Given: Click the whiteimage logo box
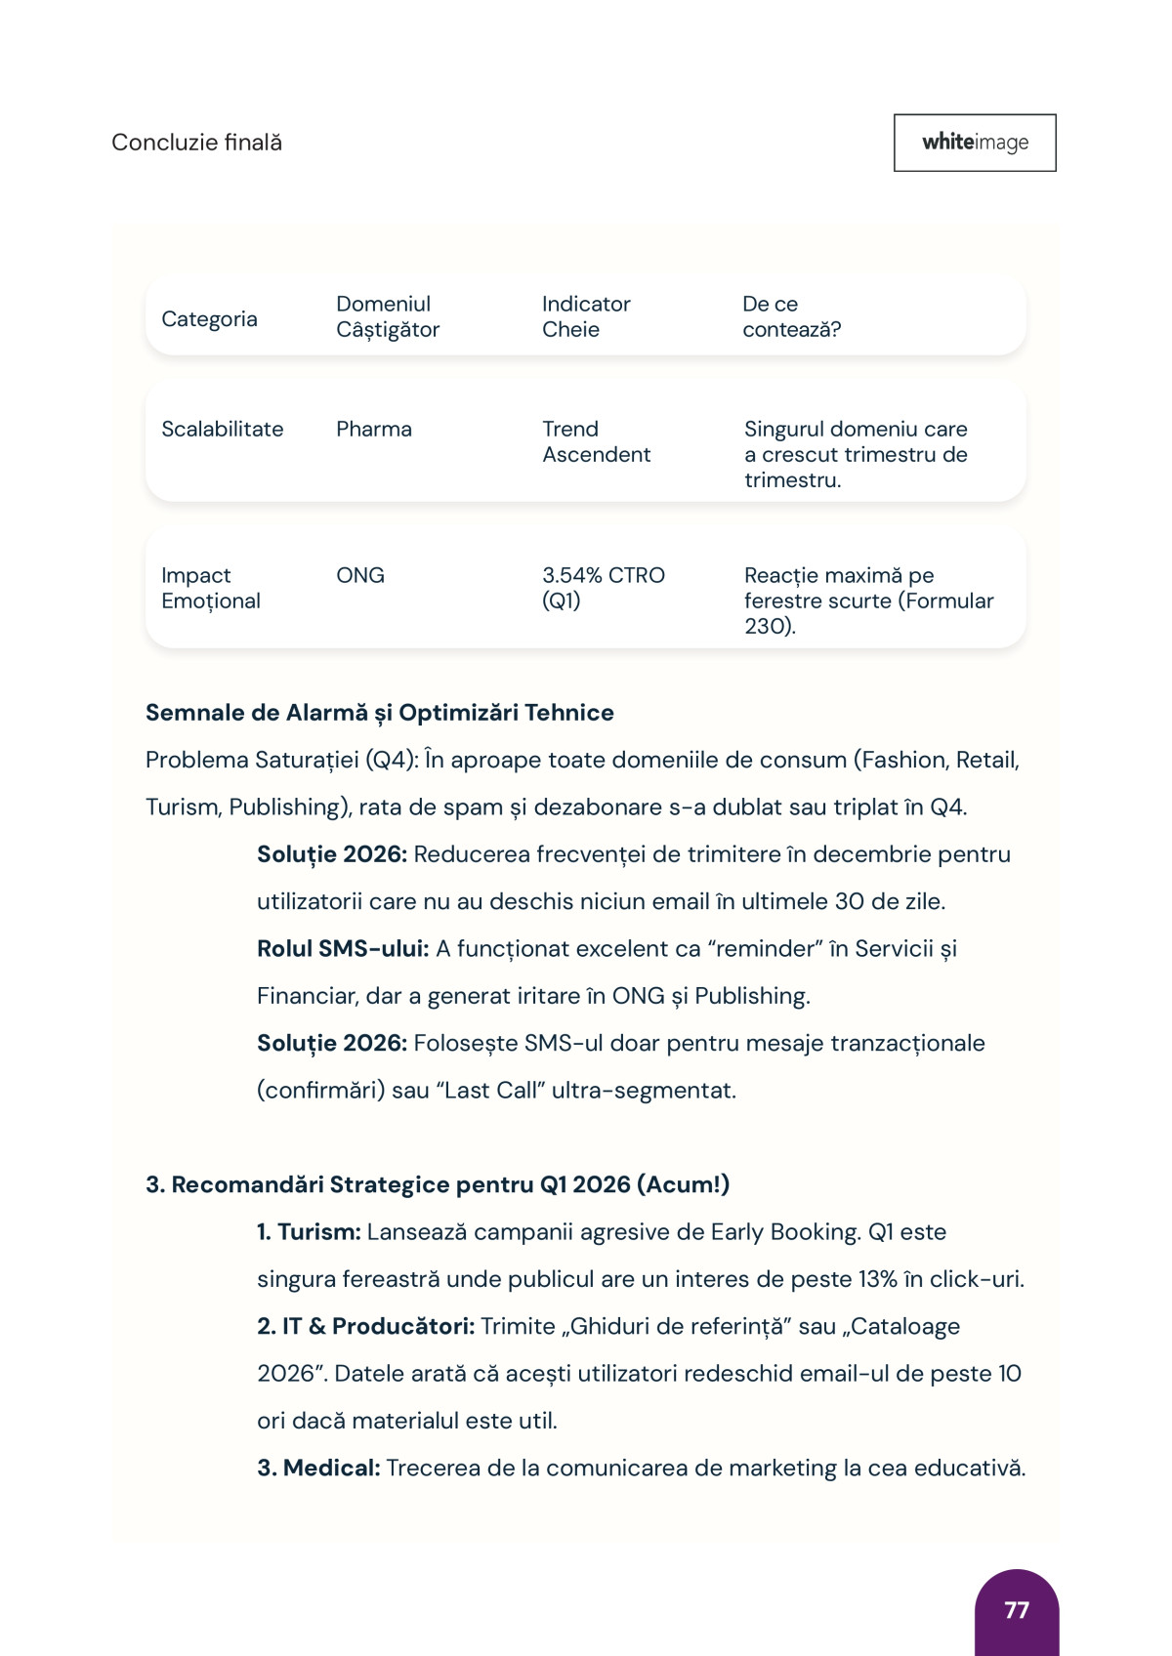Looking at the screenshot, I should pyautogui.click(x=975, y=143).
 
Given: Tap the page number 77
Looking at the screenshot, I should pyautogui.click(x=1017, y=1609).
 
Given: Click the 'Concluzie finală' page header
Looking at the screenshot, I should pyautogui.click(x=196, y=143).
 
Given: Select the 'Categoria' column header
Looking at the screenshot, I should pyautogui.click(x=209, y=319).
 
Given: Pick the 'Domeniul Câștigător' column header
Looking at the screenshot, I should pyautogui.click(x=388, y=316).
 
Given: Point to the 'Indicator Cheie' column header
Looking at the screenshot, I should pyautogui.click(x=586, y=316).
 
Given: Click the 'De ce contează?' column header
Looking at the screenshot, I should pyautogui.click(x=791, y=316).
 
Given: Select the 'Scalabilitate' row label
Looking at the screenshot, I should pyautogui.click(x=222, y=429).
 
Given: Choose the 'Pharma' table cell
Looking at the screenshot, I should pyautogui.click(x=374, y=429).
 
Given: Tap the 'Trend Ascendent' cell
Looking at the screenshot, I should pyautogui.click(x=596, y=441).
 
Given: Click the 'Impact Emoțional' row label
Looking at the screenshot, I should pyautogui.click(x=211, y=588).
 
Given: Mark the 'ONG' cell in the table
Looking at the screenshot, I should pyautogui.click(x=360, y=575).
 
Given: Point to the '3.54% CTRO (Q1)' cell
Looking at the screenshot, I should pyautogui.click(x=603, y=588).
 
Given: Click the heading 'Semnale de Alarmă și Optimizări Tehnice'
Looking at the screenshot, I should pyautogui.click(x=379, y=713).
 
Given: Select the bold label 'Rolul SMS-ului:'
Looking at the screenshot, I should pyautogui.click(x=343, y=949).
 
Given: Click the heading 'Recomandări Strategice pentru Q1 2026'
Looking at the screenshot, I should pyautogui.click(x=438, y=1184).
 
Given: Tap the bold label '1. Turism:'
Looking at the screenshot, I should pyautogui.click(x=309, y=1232).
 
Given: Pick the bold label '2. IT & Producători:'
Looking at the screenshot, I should pyautogui.click(x=365, y=1326).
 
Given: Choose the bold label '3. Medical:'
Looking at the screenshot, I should pyautogui.click(x=318, y=1468).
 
